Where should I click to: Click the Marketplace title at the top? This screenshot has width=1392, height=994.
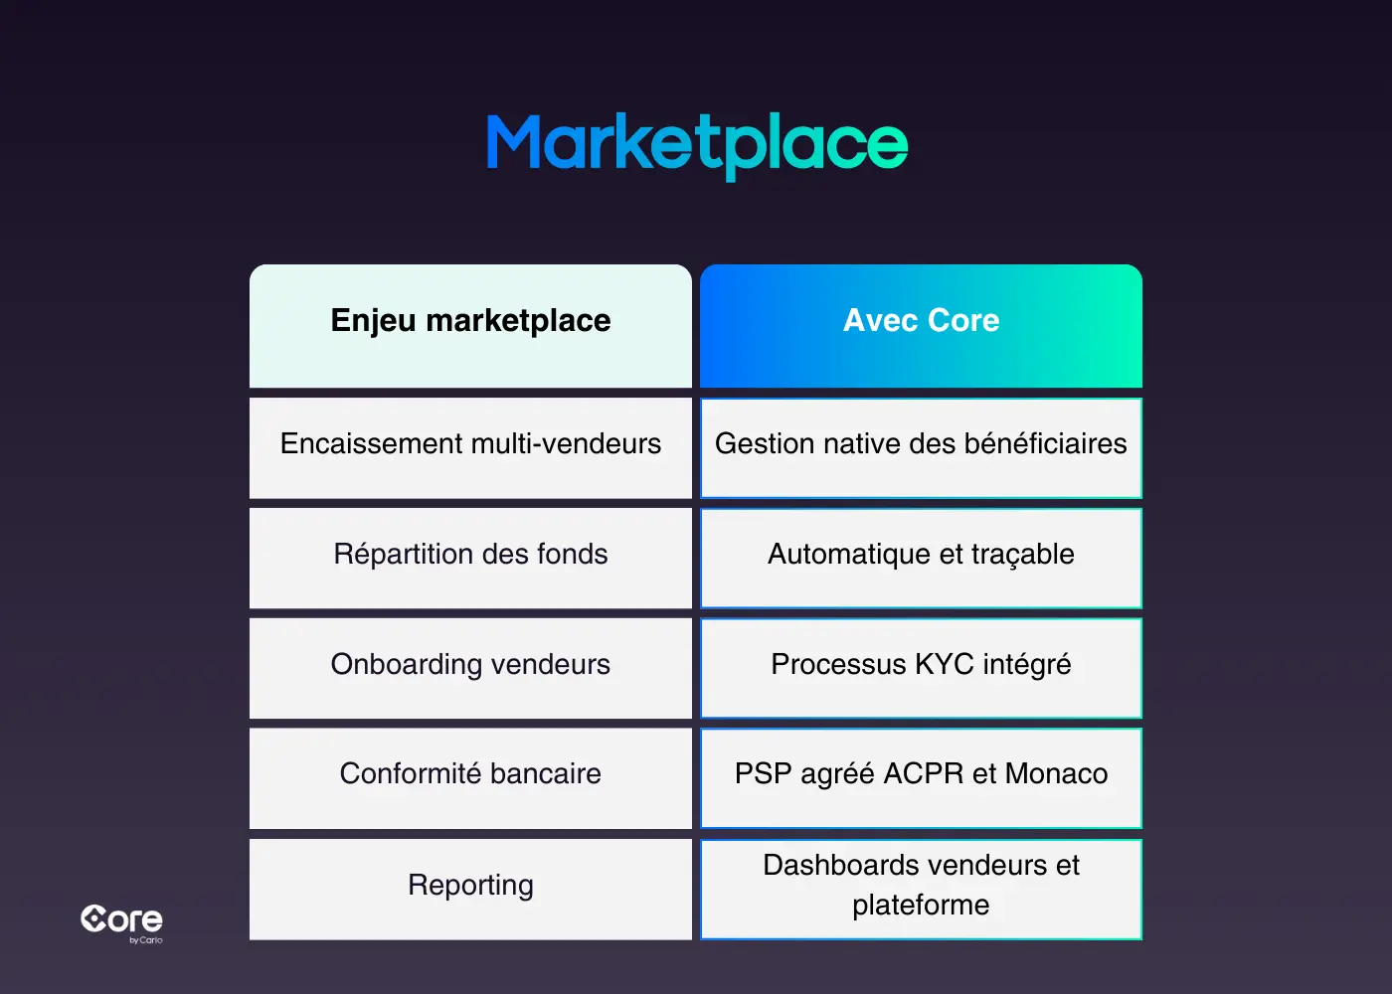696,145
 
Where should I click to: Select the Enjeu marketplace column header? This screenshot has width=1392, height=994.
470,321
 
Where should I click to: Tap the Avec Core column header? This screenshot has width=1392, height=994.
921,321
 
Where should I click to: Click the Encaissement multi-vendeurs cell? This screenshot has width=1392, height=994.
470,444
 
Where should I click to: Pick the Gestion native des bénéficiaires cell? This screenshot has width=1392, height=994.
921,444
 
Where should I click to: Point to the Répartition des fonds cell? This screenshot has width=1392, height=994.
470,555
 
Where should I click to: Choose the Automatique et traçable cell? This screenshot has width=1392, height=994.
921,555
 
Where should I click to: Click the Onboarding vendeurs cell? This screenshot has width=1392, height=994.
470,665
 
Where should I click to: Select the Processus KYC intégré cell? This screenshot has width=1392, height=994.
921,665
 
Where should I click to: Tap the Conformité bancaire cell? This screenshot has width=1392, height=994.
470,774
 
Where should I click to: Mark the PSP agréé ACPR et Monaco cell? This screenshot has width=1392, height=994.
921,774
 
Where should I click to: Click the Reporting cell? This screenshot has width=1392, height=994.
470,886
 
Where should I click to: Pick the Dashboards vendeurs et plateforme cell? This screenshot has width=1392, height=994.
921,886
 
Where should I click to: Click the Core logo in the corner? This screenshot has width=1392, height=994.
121,921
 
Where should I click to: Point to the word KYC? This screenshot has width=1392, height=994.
944,665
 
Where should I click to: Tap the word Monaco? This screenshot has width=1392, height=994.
1056,774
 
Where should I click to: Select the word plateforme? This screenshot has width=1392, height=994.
921,906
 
